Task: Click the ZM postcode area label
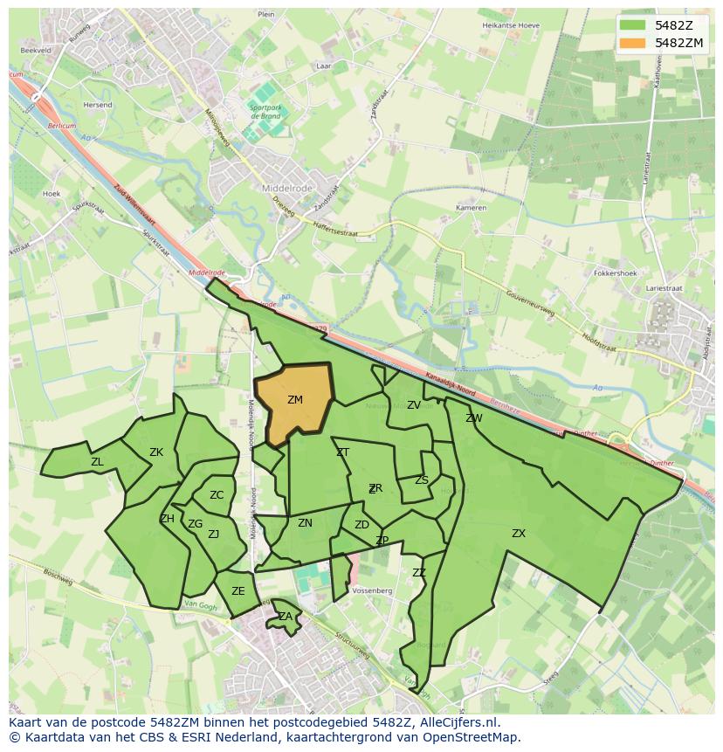click(295, 400)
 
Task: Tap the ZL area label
click(97, 462)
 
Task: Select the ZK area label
click(156, 452)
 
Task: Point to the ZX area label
click(519, 533)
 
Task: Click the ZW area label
click(474, 418)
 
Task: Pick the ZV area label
click(414, 405)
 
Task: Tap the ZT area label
click(343, 452)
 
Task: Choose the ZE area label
click(238, 591)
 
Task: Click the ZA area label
click(286, 617)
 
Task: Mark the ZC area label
click(217, 495)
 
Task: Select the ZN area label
click(305, 523)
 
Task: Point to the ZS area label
click(422, 480)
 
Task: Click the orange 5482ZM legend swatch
click(632, 43)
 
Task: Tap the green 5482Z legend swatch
click(632, 25)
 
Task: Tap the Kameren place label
click(471, 209)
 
